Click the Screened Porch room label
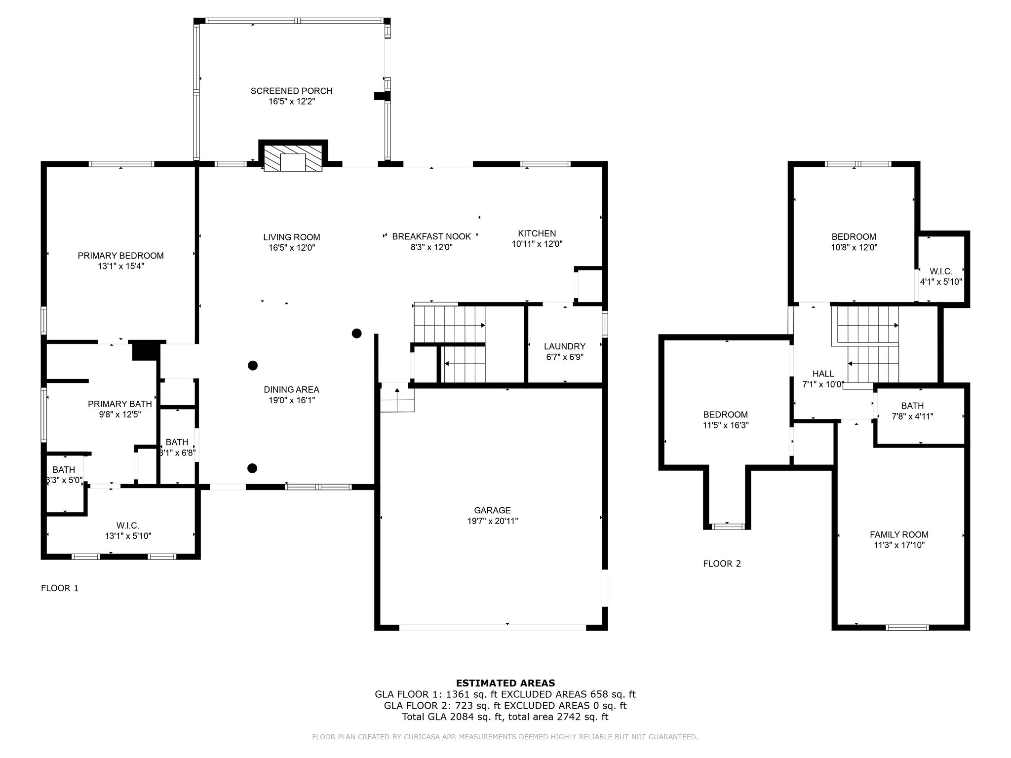click(x=291, y=91)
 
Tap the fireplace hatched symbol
click(x=293, y=158)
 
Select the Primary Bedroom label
click(x=120, y=256)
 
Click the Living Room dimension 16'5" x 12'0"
click(x=292, y=248)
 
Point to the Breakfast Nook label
click(x=431, y=237)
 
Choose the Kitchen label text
click(x=537, y=233)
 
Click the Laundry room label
click(x=565, y=346)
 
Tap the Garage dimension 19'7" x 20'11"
click(x=492, y=521)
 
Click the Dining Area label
click(x=291, y=390)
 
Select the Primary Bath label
click(x=120, y=405)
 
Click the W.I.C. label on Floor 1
click(x=128, y=526)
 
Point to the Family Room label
click(x=899, y=534)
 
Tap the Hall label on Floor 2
click(x=823, y=374)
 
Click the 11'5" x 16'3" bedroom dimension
click(x=726, y=425)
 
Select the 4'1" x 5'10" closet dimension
click(x=941, y=282)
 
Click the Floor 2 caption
click(x=722, y=564)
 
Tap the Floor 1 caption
click(x=60, y=588)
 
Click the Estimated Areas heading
click(x=505, y=683)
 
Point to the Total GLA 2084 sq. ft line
click(x=505, y=717)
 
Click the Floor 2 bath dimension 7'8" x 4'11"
click(x=912, y=417)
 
